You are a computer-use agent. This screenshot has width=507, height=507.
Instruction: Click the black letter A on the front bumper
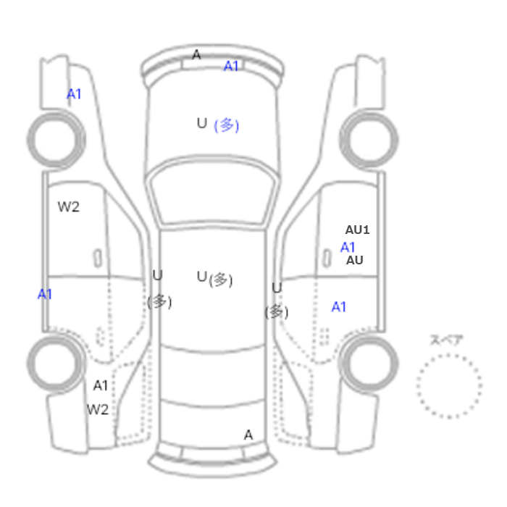(x=196, y=54)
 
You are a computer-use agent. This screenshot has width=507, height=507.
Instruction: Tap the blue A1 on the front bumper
(x=231, y=67)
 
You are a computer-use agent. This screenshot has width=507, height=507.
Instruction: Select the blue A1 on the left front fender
(x=74, y=94)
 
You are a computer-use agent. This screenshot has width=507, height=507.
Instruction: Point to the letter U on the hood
(x=202, y=123)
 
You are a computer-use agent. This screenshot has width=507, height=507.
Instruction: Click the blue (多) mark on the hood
(x=227, y=125)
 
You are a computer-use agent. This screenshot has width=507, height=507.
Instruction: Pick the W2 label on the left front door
(x=69, y=207)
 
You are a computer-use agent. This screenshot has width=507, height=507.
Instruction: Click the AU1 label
(x=357, y=230)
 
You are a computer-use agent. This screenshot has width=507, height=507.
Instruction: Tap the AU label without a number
(x=355, y=260)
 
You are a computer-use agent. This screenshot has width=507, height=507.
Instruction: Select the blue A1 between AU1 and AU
(x=348, y=248)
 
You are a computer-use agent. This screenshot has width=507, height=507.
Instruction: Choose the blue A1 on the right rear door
(x=338, y=307)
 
